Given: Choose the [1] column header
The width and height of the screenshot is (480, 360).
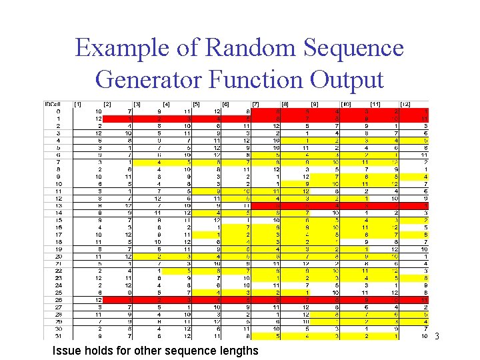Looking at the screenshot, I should tap(78, 105).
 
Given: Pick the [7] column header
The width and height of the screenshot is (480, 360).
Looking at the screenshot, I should tap(257, 105).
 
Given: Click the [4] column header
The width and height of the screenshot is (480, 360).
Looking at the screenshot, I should tap(167, 105).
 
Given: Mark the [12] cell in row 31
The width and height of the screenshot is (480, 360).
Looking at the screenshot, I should tap(425, 335).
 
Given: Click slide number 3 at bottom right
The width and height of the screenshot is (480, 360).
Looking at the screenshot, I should tap(437, 336).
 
